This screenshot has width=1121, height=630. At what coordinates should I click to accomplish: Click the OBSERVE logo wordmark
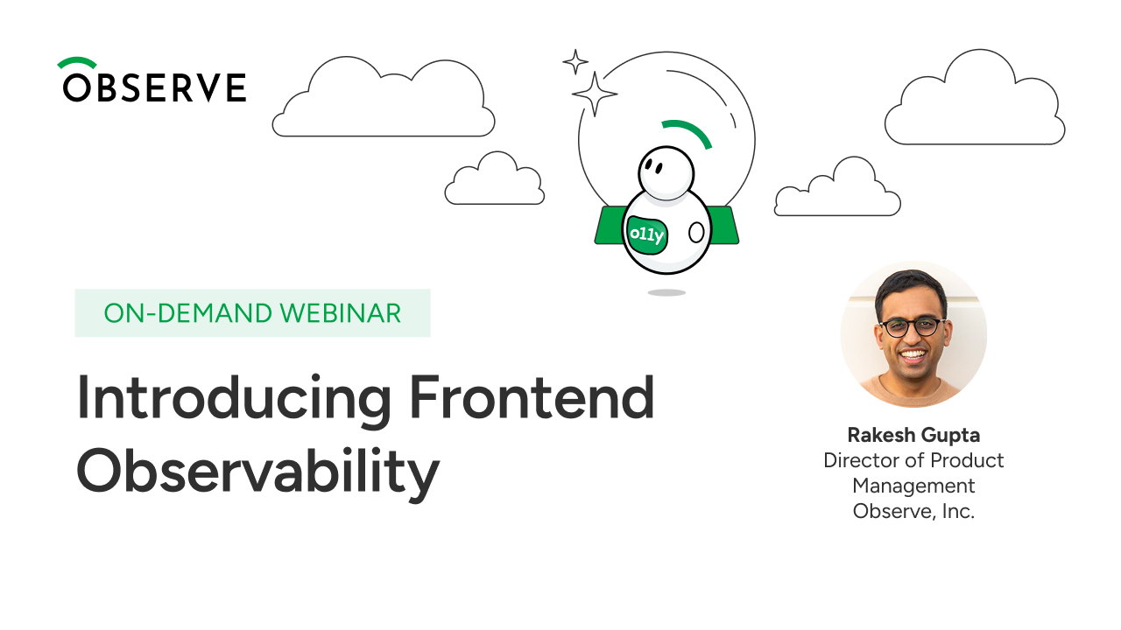click(x=153, y=87)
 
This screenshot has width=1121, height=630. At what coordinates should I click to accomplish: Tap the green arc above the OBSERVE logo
click(x=77, y=63)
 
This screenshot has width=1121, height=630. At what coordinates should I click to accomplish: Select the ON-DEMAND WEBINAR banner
click(x=252, y=313)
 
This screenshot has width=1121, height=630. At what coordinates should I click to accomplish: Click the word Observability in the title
click(x=257, y=472)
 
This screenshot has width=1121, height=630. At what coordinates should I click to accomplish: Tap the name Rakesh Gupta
click(x=913, y=435)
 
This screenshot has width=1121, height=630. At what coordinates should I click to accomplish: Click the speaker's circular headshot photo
click(x=913, y=335)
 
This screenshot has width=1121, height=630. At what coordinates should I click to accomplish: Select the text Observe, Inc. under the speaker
click(x=913, y=512)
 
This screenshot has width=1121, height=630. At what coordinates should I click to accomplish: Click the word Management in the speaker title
click(x=913, y=486)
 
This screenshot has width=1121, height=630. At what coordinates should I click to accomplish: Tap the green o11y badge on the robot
click(x=647, y=234)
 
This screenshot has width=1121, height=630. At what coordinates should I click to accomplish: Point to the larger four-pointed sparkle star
click(x=595, y=94)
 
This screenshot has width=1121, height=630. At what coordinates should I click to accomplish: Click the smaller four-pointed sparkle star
click(x=575, y=61)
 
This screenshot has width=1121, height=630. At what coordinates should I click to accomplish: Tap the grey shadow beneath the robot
click(x=666, y=292)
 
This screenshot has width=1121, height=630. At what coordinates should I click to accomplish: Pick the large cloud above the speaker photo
click(x=974, y=101)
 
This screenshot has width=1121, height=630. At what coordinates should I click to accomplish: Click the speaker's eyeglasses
click(x=913, y=327)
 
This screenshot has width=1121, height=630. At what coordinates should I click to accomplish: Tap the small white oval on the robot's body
click(x=696, y=233)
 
